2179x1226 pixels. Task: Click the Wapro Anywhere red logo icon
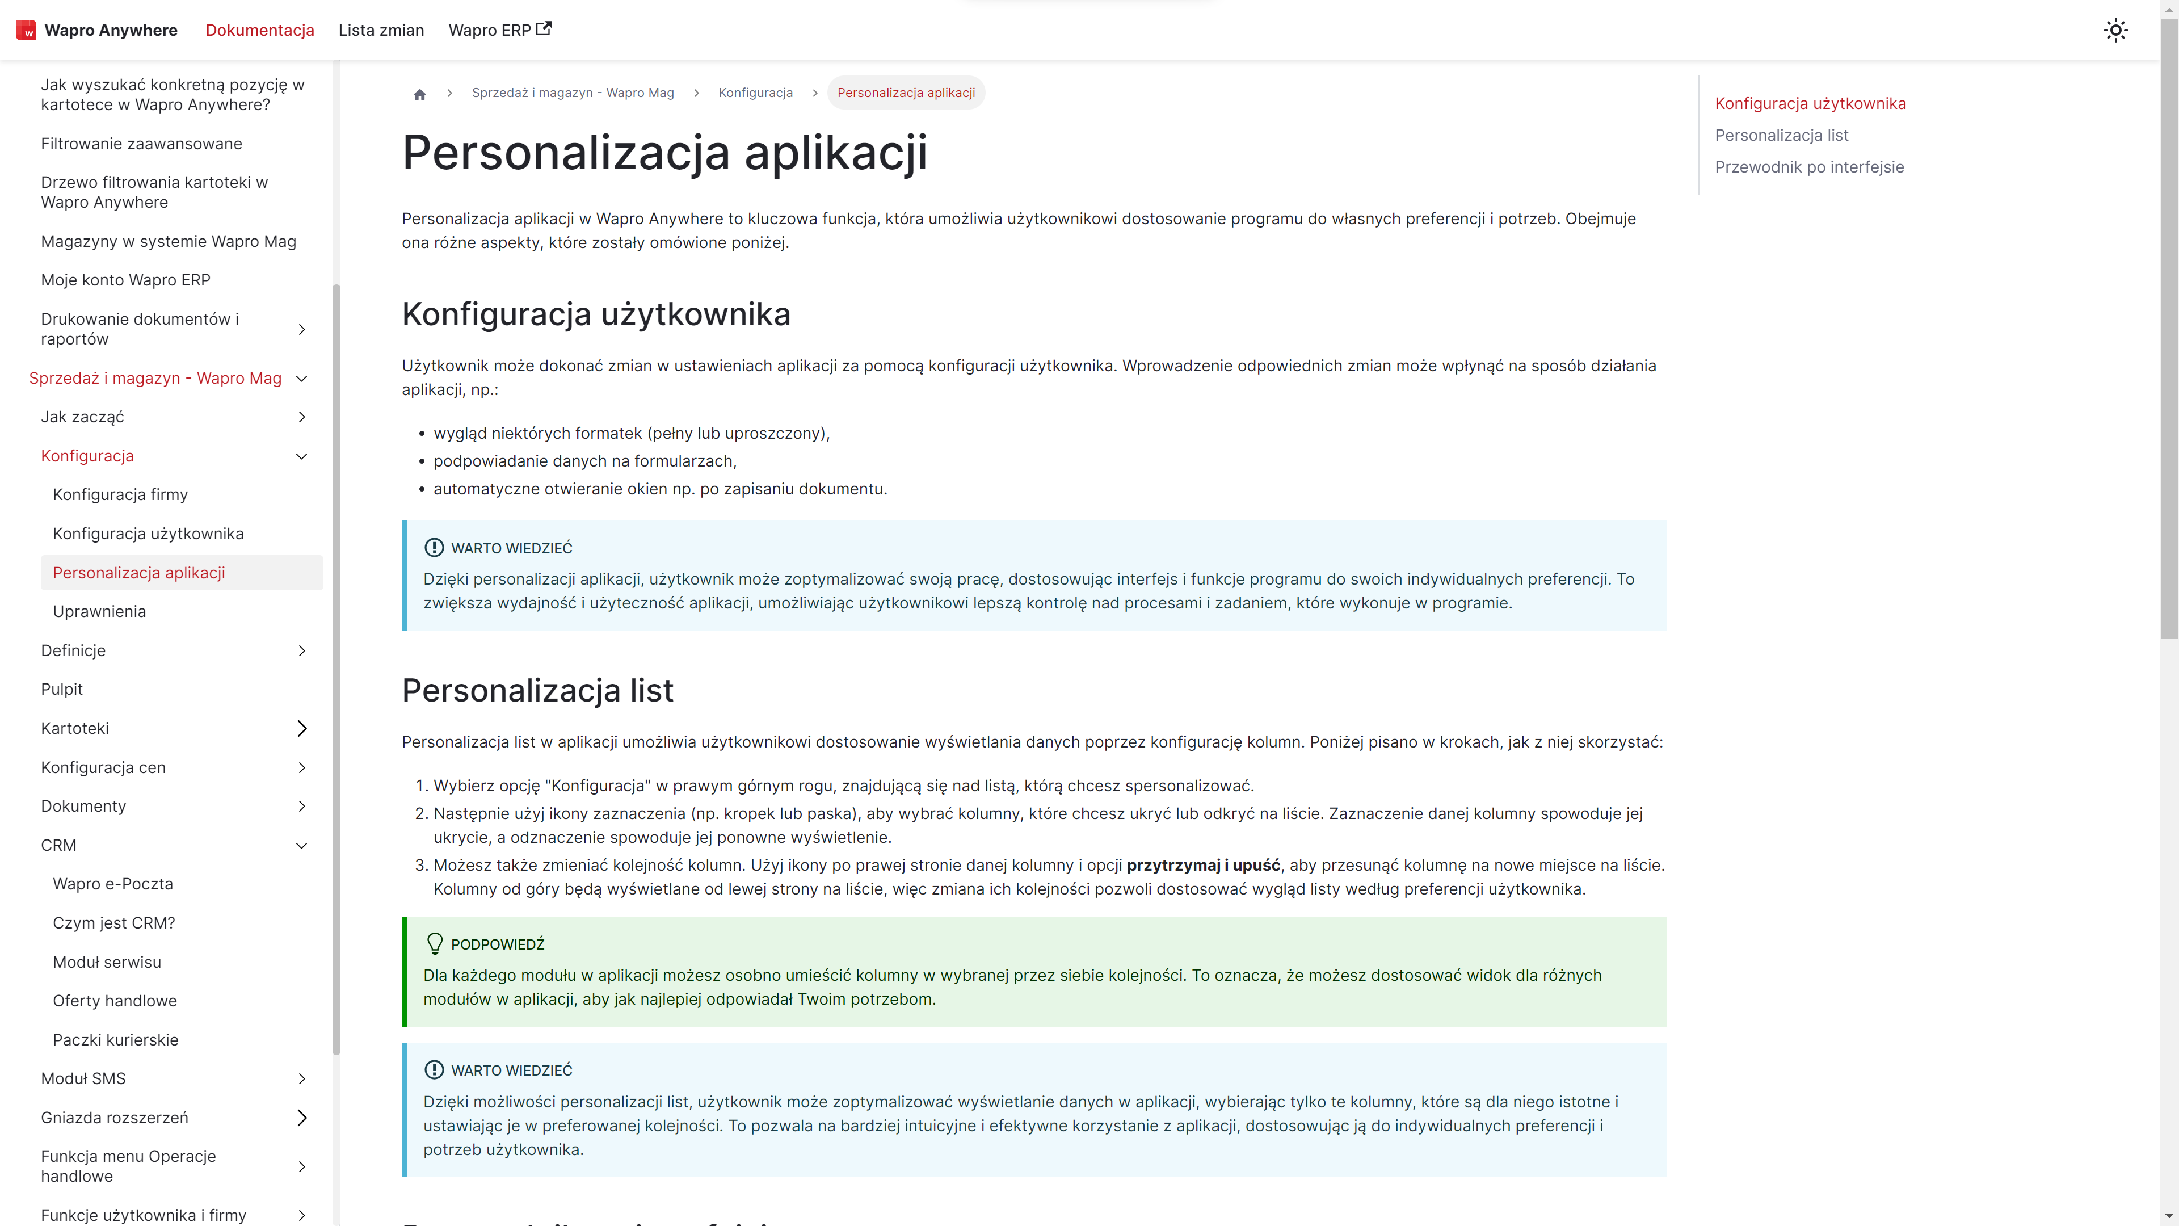(x=26, y=31)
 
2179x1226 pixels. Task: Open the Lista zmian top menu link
(x=381, y=31)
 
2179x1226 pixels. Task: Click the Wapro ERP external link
(x=499, y=31)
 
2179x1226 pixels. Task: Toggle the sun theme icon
(x=2115, y=31)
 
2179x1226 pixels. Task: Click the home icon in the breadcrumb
(x=419, y=94)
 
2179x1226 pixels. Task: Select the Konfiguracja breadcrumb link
(x=755, y=93)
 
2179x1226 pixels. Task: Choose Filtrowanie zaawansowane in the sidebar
(x=141, y=144)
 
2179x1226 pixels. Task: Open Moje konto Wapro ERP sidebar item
(x=125, y=280)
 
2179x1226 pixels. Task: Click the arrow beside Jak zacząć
(x=302, y=417)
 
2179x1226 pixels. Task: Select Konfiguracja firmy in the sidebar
(x=120, y=495)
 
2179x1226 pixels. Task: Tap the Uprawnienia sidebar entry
(x=99, y=612)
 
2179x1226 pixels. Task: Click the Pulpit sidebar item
(x=62, y=690)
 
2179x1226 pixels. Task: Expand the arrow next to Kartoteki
(x=302, y=728)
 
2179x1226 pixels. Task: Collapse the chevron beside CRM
(x=302, y=845)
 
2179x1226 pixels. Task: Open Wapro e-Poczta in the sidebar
(x=112, y=884)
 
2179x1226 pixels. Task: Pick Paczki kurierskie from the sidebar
(x=115, y=1040)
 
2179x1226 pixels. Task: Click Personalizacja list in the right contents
(x=1781, y=136)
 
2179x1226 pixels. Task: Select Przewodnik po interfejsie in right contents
(x=1810, y=167)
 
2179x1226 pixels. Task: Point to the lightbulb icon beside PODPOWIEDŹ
(x=435, y=943)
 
